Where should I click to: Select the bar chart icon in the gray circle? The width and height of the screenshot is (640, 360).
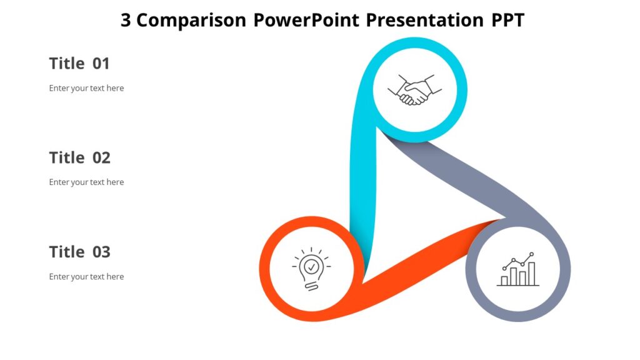click(x=518, y=270)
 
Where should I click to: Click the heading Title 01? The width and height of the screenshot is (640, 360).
click(x=79, y=63)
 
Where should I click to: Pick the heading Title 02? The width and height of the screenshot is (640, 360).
click(x=79, y=157)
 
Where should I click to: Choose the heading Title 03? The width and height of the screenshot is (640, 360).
click(x=79, y=252)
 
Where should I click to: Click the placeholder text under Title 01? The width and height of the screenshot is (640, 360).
click(x=86, y=88)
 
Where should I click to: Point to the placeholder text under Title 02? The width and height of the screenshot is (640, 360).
click(x=86, y=182)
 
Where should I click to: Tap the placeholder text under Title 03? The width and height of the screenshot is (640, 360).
click(x=86, y=276)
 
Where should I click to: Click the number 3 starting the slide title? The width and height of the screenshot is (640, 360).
click(x=126, y=21)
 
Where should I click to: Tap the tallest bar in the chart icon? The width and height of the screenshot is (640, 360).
click(x=532, y=273)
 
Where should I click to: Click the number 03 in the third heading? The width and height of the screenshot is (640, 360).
click(x=101, y=252)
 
